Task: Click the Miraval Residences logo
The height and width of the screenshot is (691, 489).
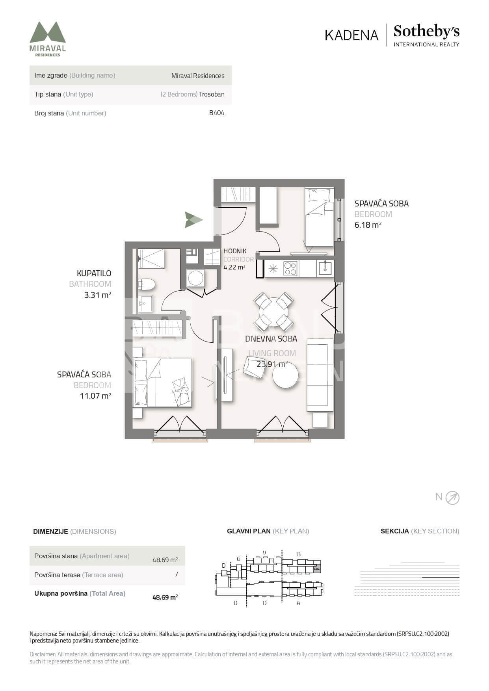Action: point(48,39)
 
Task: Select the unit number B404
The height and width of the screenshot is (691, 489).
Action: point(217,113)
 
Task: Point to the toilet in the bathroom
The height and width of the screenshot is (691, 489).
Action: point(147,284)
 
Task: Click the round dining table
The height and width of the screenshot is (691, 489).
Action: point(273,312)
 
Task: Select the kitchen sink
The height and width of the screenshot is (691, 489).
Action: point(325,268)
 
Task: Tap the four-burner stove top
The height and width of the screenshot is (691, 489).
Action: point(290,268)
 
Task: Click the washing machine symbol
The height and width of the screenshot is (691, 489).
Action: point(195,278)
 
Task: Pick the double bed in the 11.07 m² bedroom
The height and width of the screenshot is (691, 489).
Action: point(162,382)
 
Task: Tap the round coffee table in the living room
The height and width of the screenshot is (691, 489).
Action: point(285,375)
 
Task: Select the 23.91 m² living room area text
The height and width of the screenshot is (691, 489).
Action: point(272,364)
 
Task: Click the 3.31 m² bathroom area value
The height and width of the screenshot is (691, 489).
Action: point(98,294)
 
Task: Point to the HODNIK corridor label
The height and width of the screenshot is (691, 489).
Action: point(235,251)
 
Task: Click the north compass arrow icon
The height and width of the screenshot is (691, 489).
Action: point(452,498)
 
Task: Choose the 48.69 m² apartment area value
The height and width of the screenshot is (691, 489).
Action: point(165,560)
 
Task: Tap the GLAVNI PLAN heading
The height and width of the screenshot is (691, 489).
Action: point(249,531)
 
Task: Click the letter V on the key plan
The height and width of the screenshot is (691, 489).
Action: point(265,553)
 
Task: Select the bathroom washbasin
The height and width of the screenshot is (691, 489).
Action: point(145,303)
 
